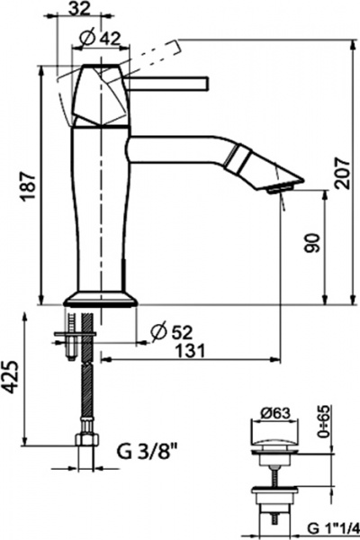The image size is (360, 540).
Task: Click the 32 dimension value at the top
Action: [79, 8]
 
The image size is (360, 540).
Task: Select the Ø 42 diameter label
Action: [100, 38]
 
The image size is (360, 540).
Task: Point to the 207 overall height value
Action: [341, 173]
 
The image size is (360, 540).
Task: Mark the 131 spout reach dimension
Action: [190, 351]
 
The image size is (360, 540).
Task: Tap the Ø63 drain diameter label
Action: [275, 412]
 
